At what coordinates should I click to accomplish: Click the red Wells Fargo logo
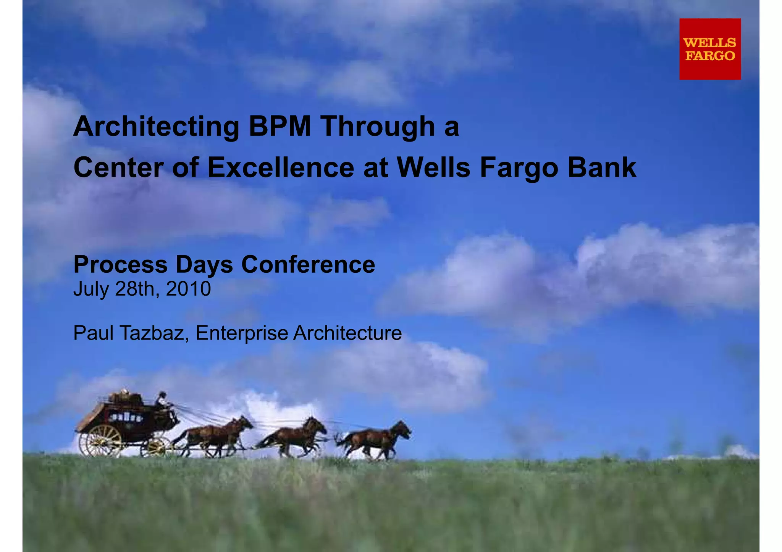(x=710, y=49)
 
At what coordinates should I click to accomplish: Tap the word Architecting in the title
(x=156, y=127)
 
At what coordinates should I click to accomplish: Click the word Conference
(x=308, y=264)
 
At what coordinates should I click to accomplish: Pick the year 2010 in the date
(x=188, y=289)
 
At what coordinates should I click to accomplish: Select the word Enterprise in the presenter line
(x=242, y=333)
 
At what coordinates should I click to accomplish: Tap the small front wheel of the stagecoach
(x=156, y=447)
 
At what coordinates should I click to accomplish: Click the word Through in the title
(x=378, y=127)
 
